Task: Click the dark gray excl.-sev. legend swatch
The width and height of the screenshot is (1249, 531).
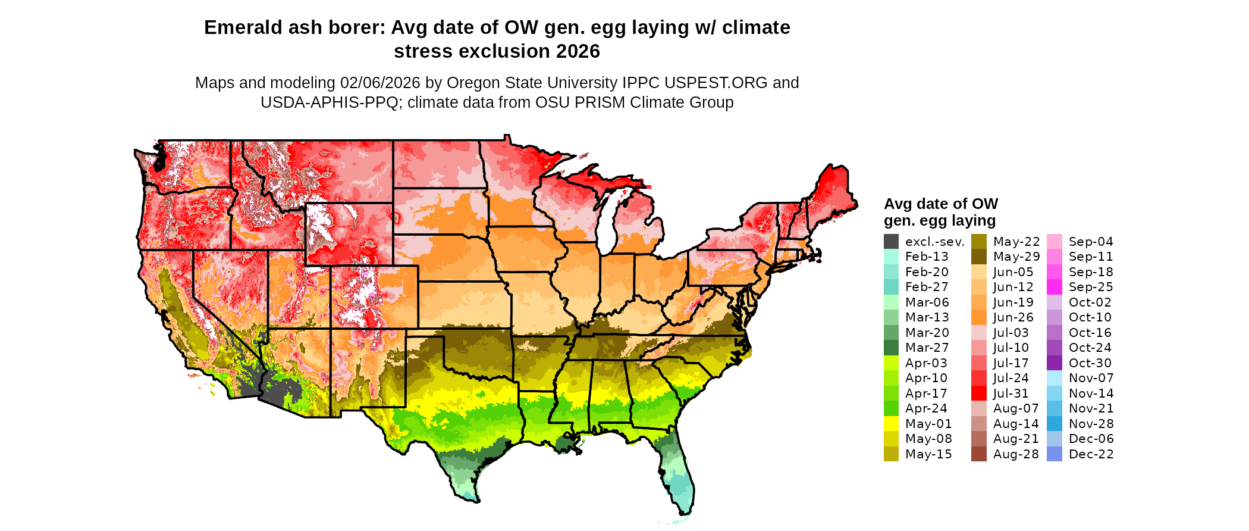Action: (891, 241)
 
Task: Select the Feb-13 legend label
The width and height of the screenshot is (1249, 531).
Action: (927, 257)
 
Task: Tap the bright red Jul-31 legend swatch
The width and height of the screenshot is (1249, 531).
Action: (978, 393)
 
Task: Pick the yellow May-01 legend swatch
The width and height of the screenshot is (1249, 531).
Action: (891, 423)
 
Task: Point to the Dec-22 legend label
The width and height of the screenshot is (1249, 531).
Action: (1091, 454)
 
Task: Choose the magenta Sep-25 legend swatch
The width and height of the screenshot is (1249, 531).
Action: (1054, 287)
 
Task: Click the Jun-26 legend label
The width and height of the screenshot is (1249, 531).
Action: (1013, 317)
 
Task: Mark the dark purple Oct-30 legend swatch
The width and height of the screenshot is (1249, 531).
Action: (1054, 363)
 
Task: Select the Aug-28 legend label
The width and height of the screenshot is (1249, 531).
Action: (1015, 454)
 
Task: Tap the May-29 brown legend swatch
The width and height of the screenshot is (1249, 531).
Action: (978, 257)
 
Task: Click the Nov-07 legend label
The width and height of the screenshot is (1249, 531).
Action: (1091, 378)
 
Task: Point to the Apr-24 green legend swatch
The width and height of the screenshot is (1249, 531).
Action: (891, 408)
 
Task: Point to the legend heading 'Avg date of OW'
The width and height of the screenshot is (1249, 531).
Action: (940, 204)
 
